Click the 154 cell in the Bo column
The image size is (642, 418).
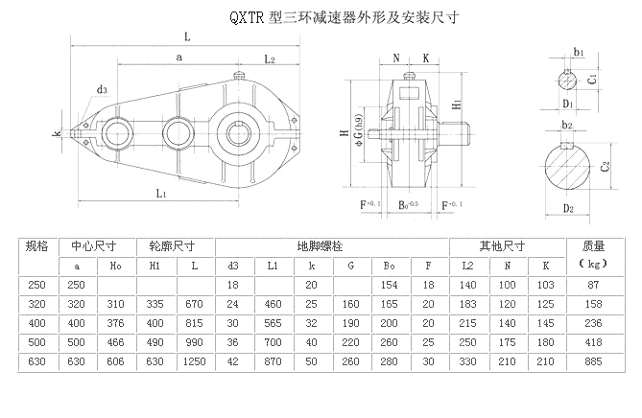coord(389,285)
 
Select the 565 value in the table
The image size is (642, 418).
coord(272,322)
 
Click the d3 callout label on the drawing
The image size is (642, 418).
coord(101,90)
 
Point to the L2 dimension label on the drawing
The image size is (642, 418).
coord(270,59)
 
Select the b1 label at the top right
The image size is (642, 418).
coord(578,51)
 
